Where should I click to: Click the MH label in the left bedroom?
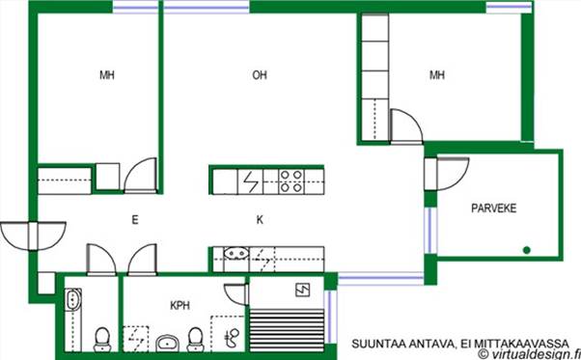click(107, 75)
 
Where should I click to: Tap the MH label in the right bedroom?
click(437, 75)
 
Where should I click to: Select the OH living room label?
click(260, 75)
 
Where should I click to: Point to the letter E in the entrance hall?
click(135, 220)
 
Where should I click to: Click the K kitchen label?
click(260, 220)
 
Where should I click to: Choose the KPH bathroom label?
click(180, 306)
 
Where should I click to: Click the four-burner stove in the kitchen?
click(290, 181)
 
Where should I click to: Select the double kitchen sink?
click(236, 254)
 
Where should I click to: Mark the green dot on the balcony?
click(527, 250)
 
